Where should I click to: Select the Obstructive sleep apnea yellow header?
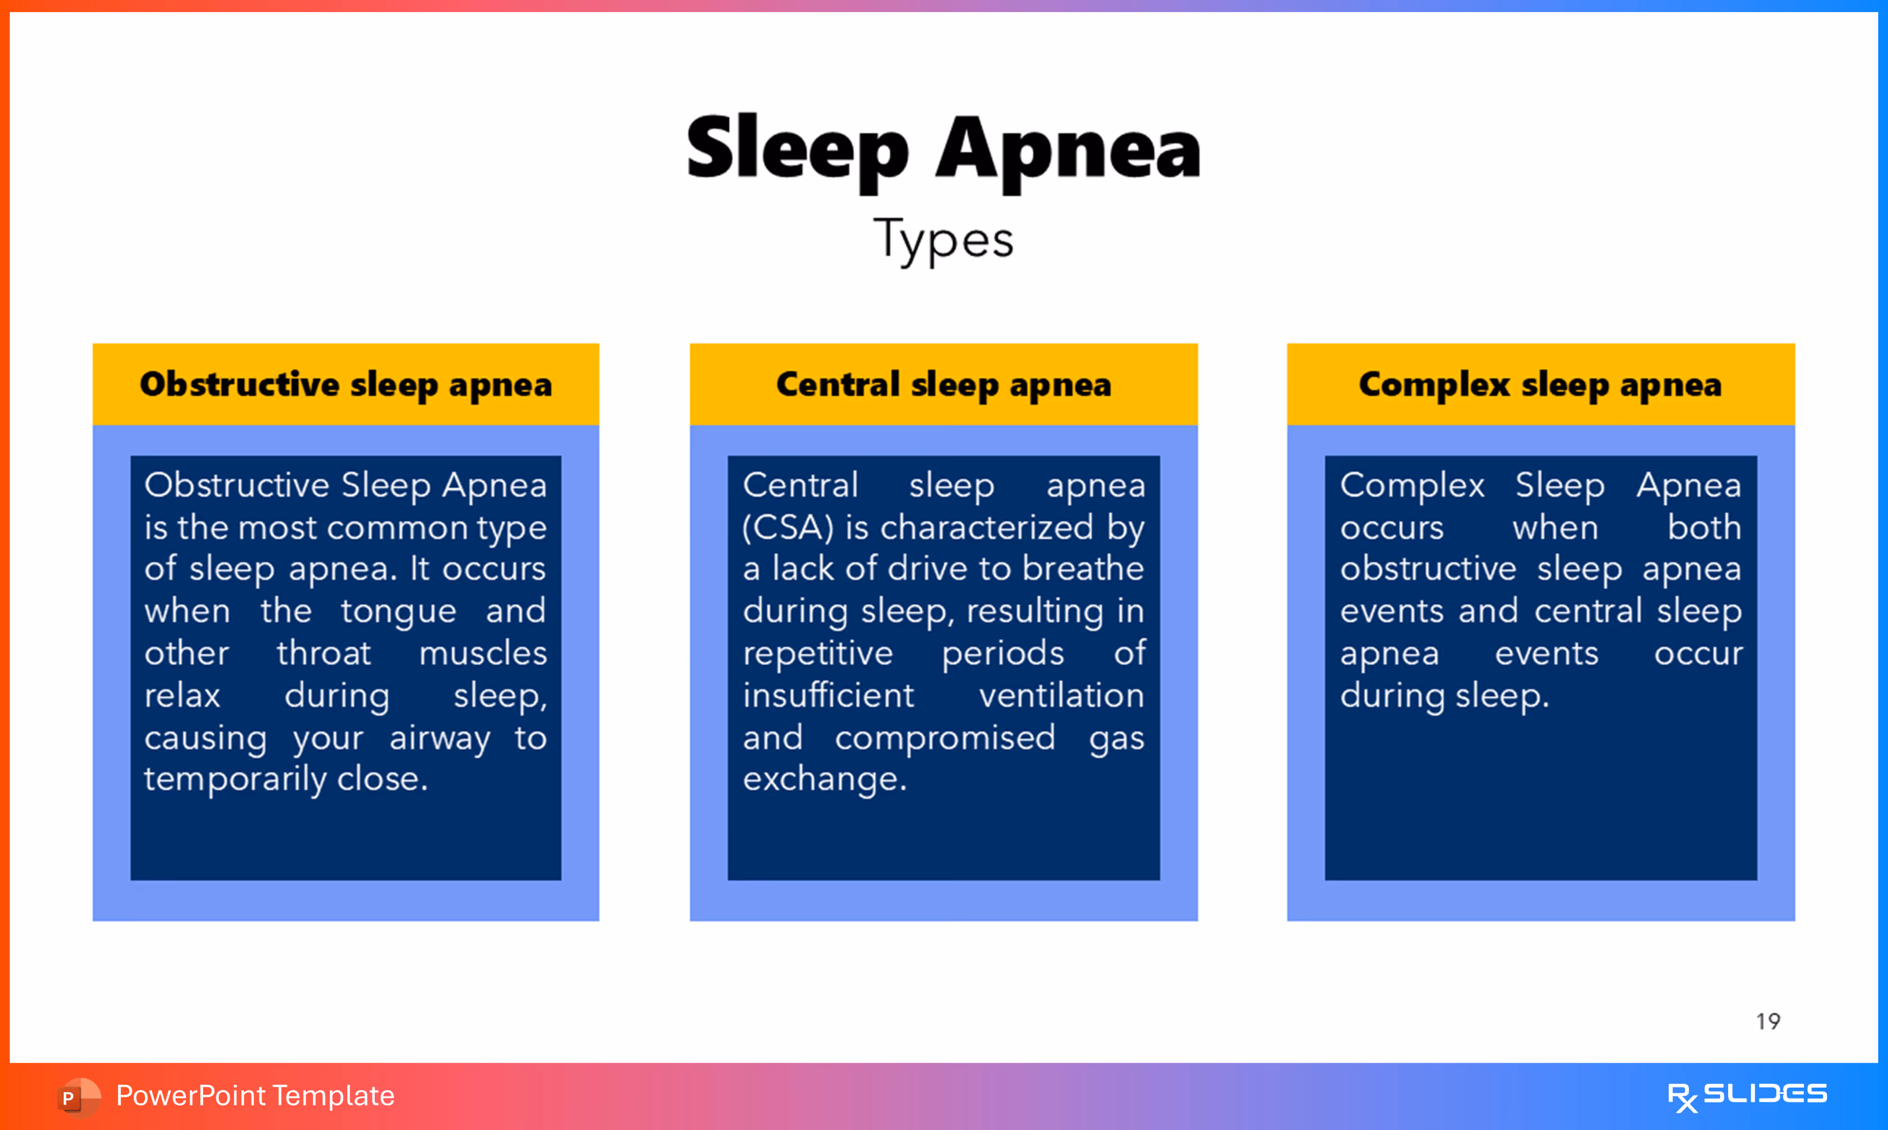[x=346, y=385]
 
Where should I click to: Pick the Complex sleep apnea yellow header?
[x=1540, y=385]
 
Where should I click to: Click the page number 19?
[x=1768, y=1021]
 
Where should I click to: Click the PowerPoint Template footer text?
[x=255, y=1096]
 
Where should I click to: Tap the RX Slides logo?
[x=1747, y=1096]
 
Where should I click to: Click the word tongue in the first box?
[x=398, y=612]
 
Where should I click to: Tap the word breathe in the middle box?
[x=1083, y=569]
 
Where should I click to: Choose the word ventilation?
[x=1061, y=695]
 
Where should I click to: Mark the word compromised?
[x=945, y=737]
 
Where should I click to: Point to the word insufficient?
[x=828, y=695]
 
